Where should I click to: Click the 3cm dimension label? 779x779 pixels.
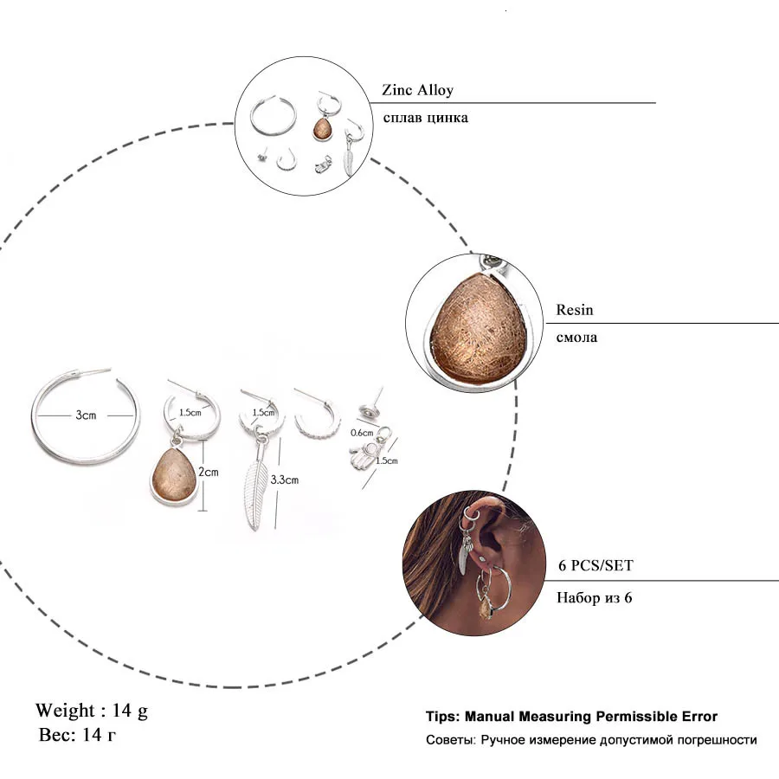point(85,415)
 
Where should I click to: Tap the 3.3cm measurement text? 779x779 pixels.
point(284,479)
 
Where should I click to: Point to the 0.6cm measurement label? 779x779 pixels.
point(361,432)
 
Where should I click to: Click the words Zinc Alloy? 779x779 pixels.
point(417,90)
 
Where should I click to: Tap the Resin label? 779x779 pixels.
point(575,310)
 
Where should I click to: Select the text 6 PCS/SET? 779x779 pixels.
point(595,566)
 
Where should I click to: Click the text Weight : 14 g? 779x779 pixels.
point(92,711)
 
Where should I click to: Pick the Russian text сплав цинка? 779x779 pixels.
point(425,117)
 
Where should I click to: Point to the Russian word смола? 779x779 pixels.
point(576,337)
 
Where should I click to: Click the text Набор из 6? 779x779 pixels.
point(594,596)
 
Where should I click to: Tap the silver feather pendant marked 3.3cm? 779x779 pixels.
point(256,491)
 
